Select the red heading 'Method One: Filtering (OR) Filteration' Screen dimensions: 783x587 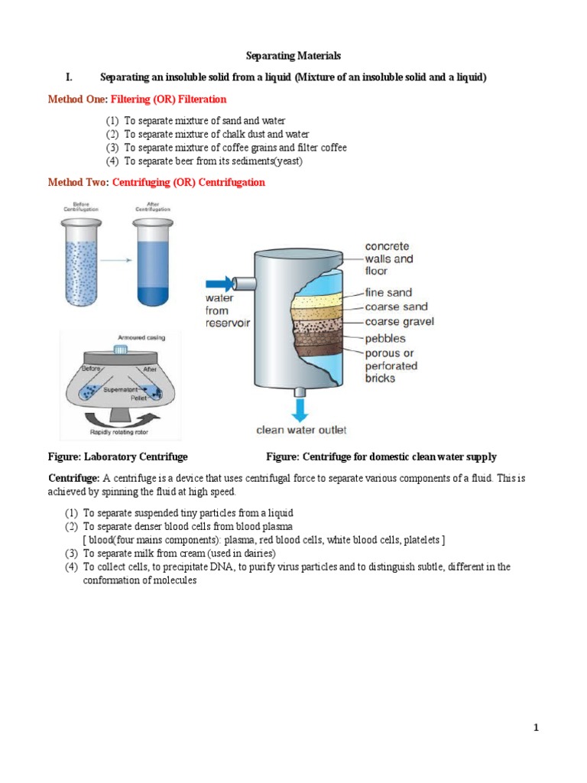pyautogui.click(x=137, y=99)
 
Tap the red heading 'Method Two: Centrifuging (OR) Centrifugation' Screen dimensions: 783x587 pyautogui.click(x=156, y=183)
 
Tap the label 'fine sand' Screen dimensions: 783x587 pyautogui.click(x=388, y=292)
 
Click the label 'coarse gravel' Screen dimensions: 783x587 pyautogui.click(x=399, y=322)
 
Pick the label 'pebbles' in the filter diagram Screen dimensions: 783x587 pyautogui.click(x=386, y=338)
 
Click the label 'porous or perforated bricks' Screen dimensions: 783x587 pyautogui.click(x=391, y=366)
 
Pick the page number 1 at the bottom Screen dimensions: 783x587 pyautogui.click(x=536, y=729)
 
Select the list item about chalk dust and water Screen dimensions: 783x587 pyautogui.click(x=206, y=135)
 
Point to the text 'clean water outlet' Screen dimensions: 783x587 pyautogui.click(x=301, y=430)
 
